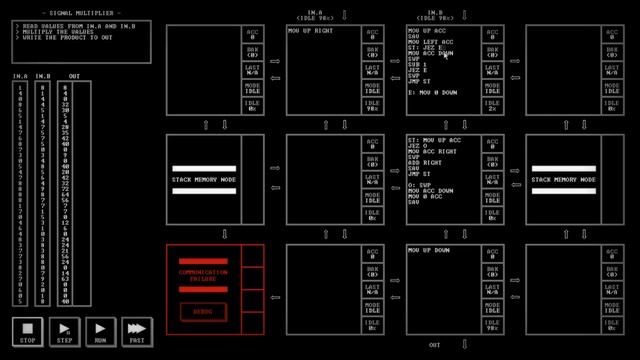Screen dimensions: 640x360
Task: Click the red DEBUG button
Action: [x=203, y=311]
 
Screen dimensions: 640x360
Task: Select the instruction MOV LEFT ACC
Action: [x=431, y=42]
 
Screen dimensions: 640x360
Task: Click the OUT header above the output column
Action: [x=75, y=76]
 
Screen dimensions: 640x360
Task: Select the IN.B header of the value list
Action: [x=44, y=76]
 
